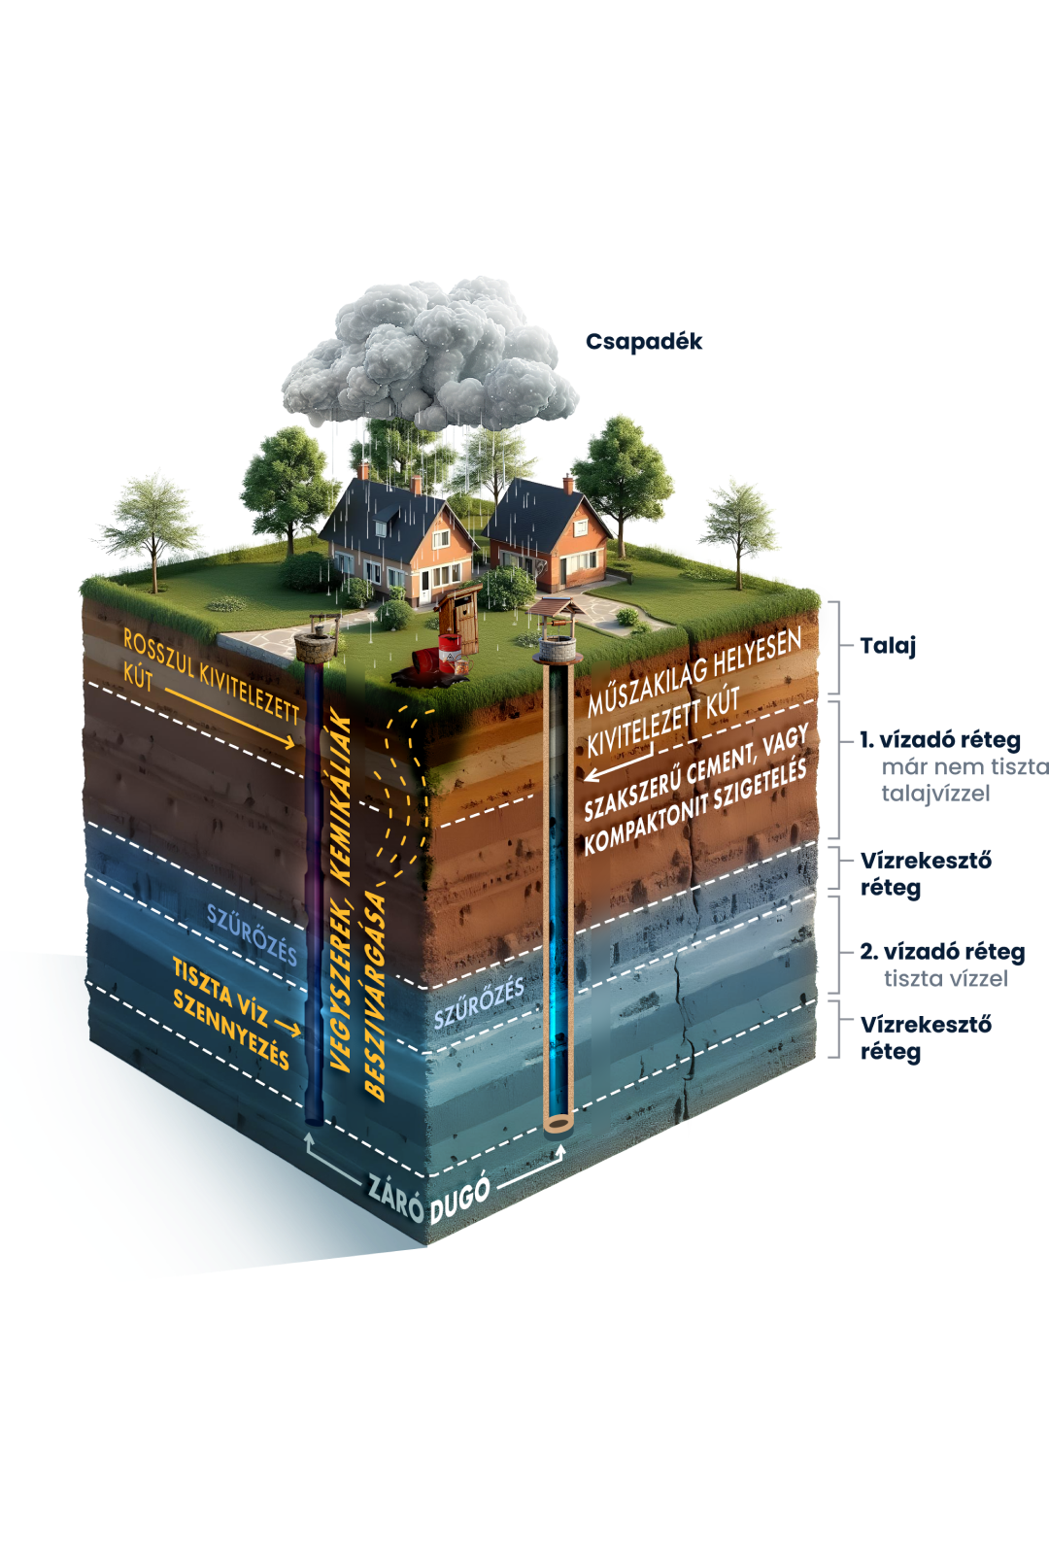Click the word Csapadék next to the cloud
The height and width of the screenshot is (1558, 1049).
pyautogui.click(x=643, y=342)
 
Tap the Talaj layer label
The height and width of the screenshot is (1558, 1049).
pyautogui.click(x=888, y=646)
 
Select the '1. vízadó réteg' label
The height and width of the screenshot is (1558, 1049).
pyautogui.click(x=940, y=740)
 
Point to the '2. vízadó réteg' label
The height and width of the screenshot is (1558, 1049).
pyautogui.click(x=942, y=952)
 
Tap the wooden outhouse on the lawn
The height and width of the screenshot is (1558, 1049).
pyautogui.click(x=461, y=618)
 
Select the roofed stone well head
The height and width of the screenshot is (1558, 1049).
pyautogui.click(x=558, y=631)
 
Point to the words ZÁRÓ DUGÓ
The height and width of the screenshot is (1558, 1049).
pyautogui.click(x=427, y=1196)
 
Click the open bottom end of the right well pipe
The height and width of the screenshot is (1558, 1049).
pyautogui.click(x=558, y=1125)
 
